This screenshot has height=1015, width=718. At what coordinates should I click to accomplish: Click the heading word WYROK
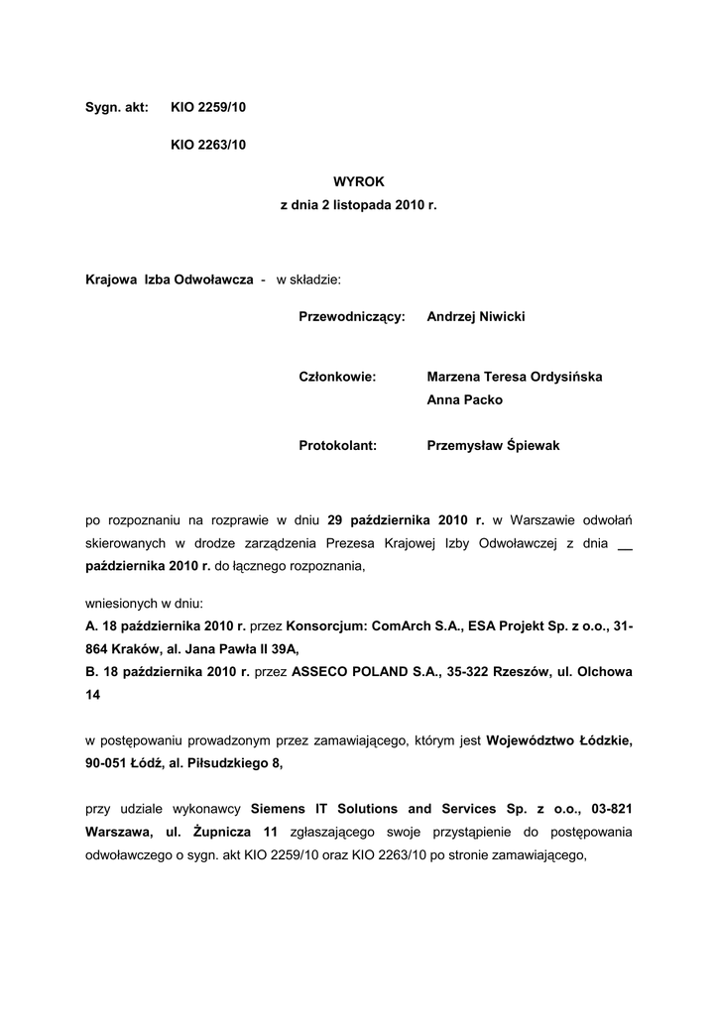358,181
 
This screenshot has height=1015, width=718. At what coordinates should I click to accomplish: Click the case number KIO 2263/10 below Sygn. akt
207,145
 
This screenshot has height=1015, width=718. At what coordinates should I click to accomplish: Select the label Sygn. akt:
117,106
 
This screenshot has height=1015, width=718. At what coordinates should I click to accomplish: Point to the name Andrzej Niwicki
476,316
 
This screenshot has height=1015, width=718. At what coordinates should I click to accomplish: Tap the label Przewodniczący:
352,316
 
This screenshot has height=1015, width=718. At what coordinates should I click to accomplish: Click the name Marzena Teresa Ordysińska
515,377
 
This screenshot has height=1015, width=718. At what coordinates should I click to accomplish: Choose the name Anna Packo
464,400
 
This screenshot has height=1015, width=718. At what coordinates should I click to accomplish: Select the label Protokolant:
337,446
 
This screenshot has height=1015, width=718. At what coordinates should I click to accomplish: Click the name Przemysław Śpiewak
493,446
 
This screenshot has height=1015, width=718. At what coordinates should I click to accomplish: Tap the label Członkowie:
336,377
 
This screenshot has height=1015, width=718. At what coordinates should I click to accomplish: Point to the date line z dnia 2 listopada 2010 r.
358,205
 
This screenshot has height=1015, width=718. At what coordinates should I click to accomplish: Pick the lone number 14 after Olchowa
93,696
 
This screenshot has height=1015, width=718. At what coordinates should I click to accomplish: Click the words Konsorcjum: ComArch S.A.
354,625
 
